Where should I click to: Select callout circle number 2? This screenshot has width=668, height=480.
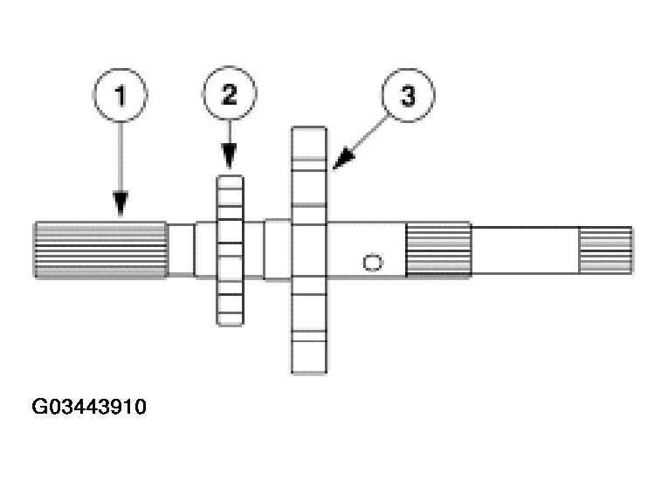point(229,93)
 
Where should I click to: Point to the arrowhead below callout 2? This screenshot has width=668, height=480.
point(229,161)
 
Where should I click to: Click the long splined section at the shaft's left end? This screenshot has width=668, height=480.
point(100,250)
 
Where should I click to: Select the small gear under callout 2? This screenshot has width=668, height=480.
point(230,250)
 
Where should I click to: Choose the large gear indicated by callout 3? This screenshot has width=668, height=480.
point(309,250)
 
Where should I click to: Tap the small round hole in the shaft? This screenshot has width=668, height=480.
point(372,262)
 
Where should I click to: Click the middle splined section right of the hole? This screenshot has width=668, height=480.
point(438,250)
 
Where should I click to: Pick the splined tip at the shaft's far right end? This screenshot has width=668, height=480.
point(605,250)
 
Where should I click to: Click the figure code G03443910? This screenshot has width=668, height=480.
point(89,408)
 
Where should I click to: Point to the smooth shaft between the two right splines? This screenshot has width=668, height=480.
point(526,250)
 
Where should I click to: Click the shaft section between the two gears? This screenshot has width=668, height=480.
point(265,250)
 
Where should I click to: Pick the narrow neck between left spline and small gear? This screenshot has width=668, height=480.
point(181,250)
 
